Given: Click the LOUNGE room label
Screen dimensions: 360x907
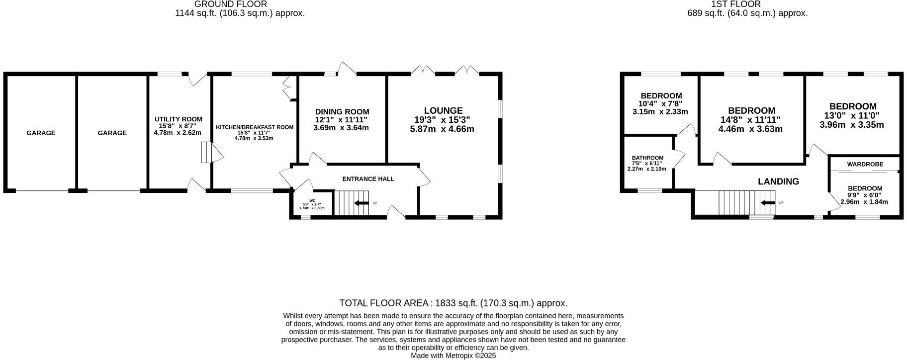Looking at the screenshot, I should (x=443, y=110).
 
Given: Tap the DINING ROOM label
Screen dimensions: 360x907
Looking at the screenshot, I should (x=342, y=112).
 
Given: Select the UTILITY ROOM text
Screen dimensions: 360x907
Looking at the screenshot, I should (x=178, y=119).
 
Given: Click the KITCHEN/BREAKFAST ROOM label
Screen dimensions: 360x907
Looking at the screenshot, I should (x=255, y=127).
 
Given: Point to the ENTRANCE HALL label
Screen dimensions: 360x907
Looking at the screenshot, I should (x=368, y=179).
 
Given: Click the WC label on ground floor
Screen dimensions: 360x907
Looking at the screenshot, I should (x=312, y=201).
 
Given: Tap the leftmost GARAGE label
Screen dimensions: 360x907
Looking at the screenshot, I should (x=41, y=133).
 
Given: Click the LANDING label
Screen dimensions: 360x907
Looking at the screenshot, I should (x=778, y=181).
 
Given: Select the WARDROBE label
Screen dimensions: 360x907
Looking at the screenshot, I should (x=865, y=164).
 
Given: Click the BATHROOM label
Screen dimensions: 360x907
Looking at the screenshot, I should (x=647, y=158).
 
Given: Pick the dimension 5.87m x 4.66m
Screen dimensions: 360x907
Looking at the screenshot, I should (x=442, y=129).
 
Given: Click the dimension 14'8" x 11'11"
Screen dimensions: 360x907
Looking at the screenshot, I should (x=750, y=120).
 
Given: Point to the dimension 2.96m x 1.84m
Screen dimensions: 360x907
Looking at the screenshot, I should (x=864, y=202).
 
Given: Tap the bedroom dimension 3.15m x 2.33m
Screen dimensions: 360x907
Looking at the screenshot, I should (x=660, y=112).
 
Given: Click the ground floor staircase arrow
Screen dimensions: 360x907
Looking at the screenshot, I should (x=359, y=203).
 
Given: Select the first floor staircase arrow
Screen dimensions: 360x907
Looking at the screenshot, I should (x=768, y=203).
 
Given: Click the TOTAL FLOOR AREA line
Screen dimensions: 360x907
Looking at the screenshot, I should (x=453, y=303).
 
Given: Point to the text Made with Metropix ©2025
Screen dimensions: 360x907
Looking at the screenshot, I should (x=453, y=356).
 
